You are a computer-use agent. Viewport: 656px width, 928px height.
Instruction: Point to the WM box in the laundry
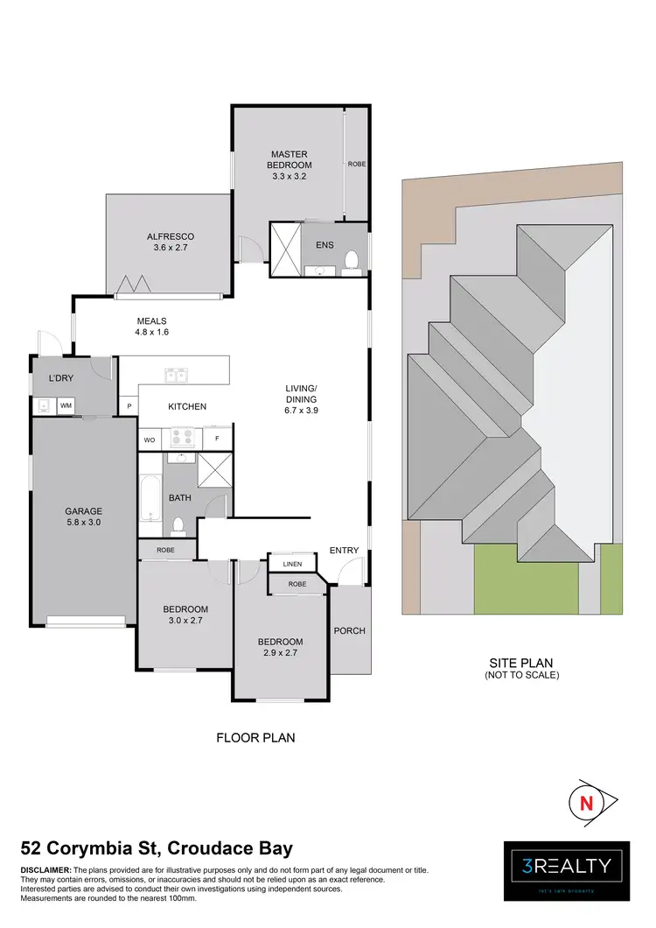click(66, 406)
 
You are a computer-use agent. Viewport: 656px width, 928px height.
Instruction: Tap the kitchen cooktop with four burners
click(185, 437)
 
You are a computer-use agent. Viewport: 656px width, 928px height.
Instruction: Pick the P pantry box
click(129, 406)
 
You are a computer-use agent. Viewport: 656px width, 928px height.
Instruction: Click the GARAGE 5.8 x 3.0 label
click(83, 517)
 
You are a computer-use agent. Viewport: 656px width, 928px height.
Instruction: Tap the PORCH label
click(350, 630)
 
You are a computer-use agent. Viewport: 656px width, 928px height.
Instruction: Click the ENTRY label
click(344, 550)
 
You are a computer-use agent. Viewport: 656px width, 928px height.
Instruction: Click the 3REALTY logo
click(567, 868)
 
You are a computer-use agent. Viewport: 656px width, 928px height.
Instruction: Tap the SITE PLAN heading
click(521, 663)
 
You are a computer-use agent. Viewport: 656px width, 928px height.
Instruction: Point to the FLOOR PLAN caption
click(255, 738)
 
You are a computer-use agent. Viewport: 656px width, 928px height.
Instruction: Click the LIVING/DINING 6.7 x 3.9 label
click(301, 398)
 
